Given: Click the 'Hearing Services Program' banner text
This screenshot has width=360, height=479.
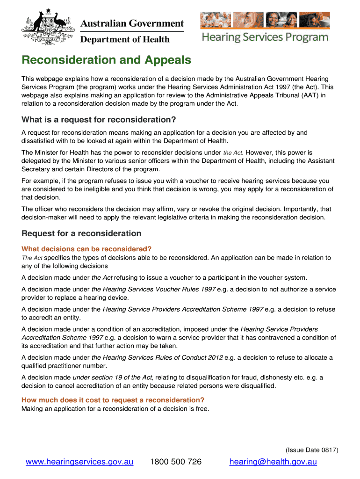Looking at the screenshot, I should (x=265, y=37).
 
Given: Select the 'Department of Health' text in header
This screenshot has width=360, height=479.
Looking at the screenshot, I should (x=125, y=40).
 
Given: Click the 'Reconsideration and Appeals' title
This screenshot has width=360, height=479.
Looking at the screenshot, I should (x=106, y=60).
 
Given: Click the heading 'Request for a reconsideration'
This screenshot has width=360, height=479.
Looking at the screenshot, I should (x=81, y=233).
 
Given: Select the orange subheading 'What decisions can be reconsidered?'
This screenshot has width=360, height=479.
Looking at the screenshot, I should (x=86, y=248).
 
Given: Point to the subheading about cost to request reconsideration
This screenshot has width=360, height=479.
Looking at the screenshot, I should (x=113, y=400).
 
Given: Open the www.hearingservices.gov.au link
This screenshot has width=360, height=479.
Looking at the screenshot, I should (x=79, y=462).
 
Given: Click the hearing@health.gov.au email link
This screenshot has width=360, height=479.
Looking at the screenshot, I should (x=273, y=462).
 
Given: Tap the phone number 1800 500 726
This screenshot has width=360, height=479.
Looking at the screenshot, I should (x=175, y=462).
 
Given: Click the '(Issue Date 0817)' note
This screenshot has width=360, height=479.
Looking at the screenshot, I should (x=312, y=450).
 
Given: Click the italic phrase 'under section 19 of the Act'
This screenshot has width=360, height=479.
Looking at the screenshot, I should (x=113, y=377).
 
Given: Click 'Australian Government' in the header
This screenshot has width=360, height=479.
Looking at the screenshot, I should (x=132, y=23).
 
